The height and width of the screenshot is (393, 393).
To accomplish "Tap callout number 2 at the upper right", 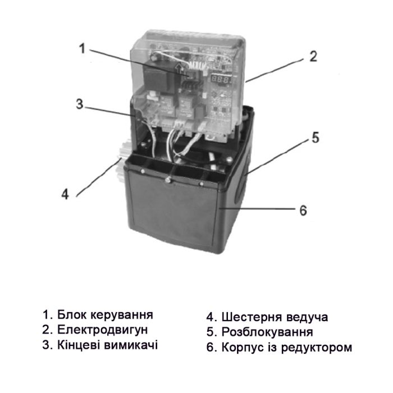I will pyautogui.click(x=313, y=56).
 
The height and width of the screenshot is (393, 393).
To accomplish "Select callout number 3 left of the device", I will pyautogui.click(x=80, y=104).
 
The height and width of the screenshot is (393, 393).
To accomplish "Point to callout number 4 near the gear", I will pyautogui.click(x=65, y=194).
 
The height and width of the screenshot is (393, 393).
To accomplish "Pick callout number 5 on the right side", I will pyautogui.click(x=316, y=138).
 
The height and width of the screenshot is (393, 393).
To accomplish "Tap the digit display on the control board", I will pyautogui.click(x=221, y=81).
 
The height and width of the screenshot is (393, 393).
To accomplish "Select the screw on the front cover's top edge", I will pyautogui.click(x=167, y=179).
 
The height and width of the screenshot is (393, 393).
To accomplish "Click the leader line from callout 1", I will pyautogui.click(x=135, y=62).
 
